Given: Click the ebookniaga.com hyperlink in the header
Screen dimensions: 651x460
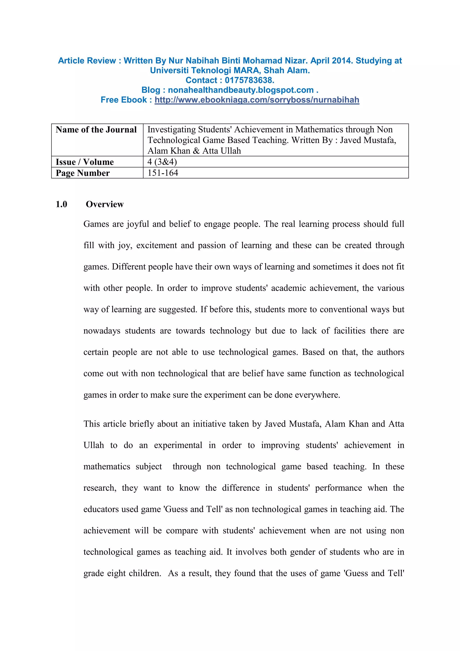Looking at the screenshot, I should point(257,100).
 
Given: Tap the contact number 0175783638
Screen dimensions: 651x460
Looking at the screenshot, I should point(249,80).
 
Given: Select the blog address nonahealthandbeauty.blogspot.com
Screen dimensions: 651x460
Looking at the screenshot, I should point(241,90).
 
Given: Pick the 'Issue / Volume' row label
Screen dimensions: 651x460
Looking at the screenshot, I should point(85,162).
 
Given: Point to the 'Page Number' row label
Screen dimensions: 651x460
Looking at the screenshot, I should point(83,173).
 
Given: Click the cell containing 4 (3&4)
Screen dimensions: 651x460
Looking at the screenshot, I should point(162,162).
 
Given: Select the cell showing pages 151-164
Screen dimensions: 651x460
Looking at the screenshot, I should point(163,173).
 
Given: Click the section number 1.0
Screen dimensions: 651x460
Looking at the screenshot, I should point(62,204).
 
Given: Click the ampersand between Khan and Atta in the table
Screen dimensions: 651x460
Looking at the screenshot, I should point(196,151).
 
